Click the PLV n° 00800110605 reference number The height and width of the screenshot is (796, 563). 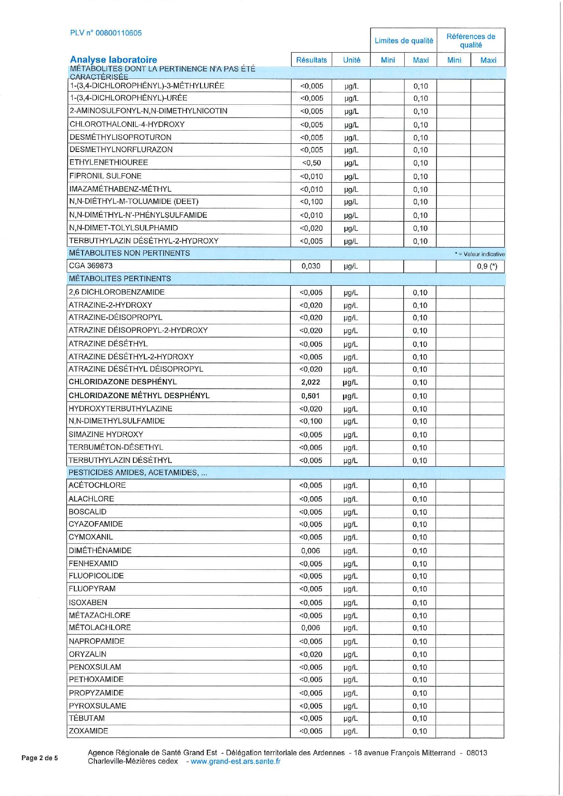[106, 33]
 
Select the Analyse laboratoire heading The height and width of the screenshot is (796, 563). [113, 59]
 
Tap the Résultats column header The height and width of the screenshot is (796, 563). [311, 60]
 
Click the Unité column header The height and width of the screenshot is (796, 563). [352, 60]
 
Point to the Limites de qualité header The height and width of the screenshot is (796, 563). [404, 41]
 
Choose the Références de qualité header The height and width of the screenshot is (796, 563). [470, 41]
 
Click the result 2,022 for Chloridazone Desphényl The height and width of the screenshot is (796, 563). [311, 382]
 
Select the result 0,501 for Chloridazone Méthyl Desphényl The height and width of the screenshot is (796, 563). [311, 396]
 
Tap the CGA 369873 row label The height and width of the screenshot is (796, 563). [91, 266]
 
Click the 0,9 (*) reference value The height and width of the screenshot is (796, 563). [487, 266]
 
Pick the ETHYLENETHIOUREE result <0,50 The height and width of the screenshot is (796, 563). [311, 163]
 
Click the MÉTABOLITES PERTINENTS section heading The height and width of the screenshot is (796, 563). [120, 278]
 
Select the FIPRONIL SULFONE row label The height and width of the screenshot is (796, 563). [105, 176]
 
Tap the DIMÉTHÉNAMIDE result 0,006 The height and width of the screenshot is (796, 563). [311, 551]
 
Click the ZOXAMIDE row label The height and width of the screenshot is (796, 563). [88, 731]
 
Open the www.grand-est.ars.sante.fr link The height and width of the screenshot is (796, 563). [235, 761]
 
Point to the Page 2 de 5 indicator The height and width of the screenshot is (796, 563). [40, 758]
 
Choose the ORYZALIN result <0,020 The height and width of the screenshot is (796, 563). [311, 654]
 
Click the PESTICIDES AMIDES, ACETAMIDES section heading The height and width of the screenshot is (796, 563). [137, 473]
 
